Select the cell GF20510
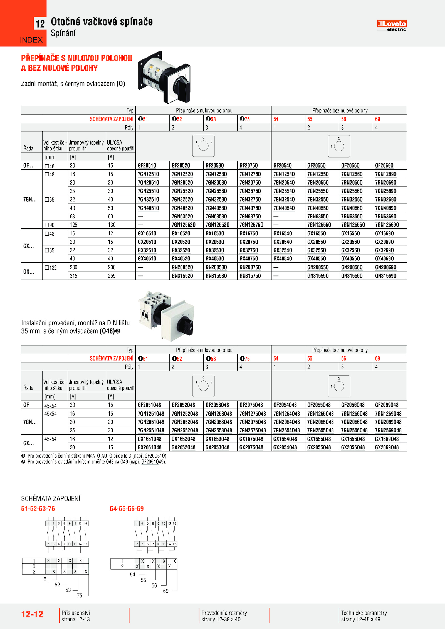(147, 166)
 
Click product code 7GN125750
(251, 225)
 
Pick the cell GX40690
(384, 259)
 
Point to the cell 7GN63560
(352, 217)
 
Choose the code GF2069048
(387, 405)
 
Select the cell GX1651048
(149, 439)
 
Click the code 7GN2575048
(253, 431)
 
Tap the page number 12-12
(32, 614)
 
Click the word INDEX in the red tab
(31, 40)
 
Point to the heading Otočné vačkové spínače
(102, 22)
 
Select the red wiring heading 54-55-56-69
(127, 509)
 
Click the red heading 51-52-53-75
(38, 509)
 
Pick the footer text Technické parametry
(364, 613)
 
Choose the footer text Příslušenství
(76, 613)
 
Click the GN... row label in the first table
(29, 272)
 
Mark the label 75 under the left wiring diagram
(80, 596)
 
